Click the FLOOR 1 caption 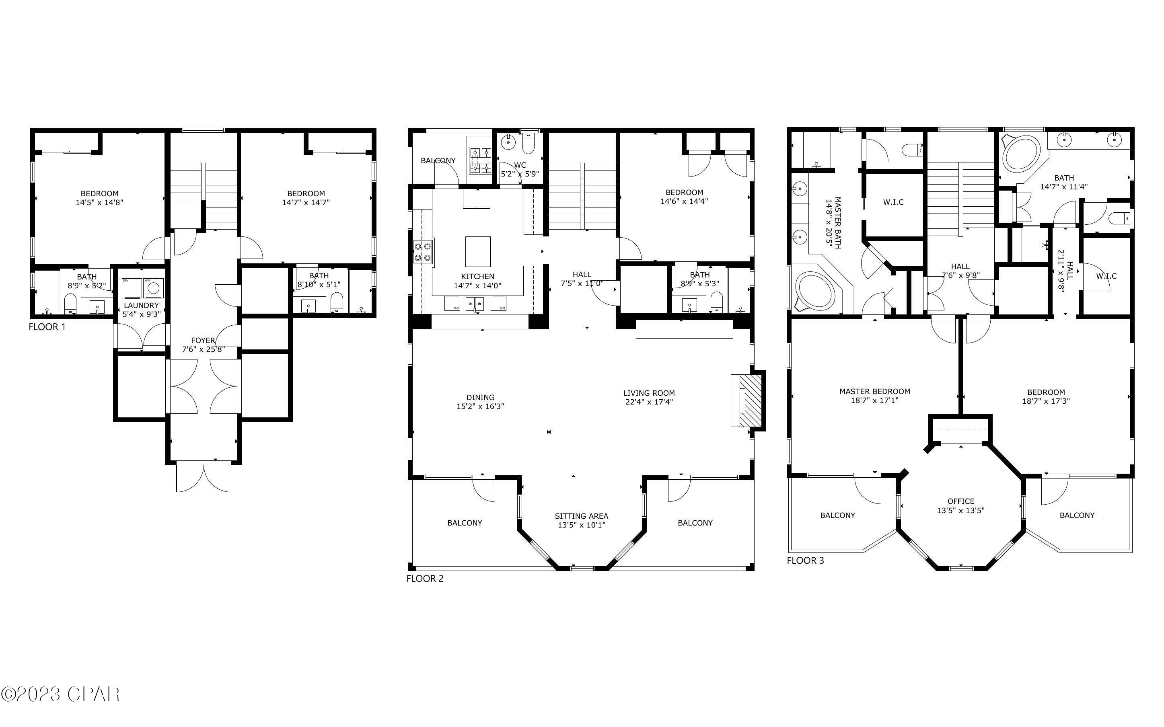pyautogui.click(x=47, y=327)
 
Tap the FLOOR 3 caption pyautogui.click(x=805, y=561)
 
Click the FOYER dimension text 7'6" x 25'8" pyautogui.click(x=203, y=349)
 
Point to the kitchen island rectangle pyautogui.click(x=477, y=251)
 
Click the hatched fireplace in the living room pyautogui.click(x=750, y=400)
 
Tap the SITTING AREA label pyautogui.click(x=581, y=516)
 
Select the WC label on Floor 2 pyautogui.click(x=520, y=165)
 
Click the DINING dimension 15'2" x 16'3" pyautogui.click(x=480, y=406)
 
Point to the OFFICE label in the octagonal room pyautogui.click(x=960, y=501)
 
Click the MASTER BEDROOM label pyautogui.click(x=874, y=391)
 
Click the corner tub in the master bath pyautogui.click(x=815, y=292)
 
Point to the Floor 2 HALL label pyautogui.click(x=581, y=275)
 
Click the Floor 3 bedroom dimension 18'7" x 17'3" pyautogui.click(x=1046, y=401)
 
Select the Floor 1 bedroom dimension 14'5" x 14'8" pyautogui.click(x=99, y=202)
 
